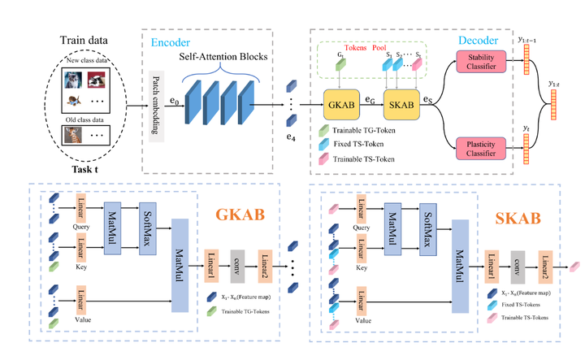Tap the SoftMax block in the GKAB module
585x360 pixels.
(x=147, y=228)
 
